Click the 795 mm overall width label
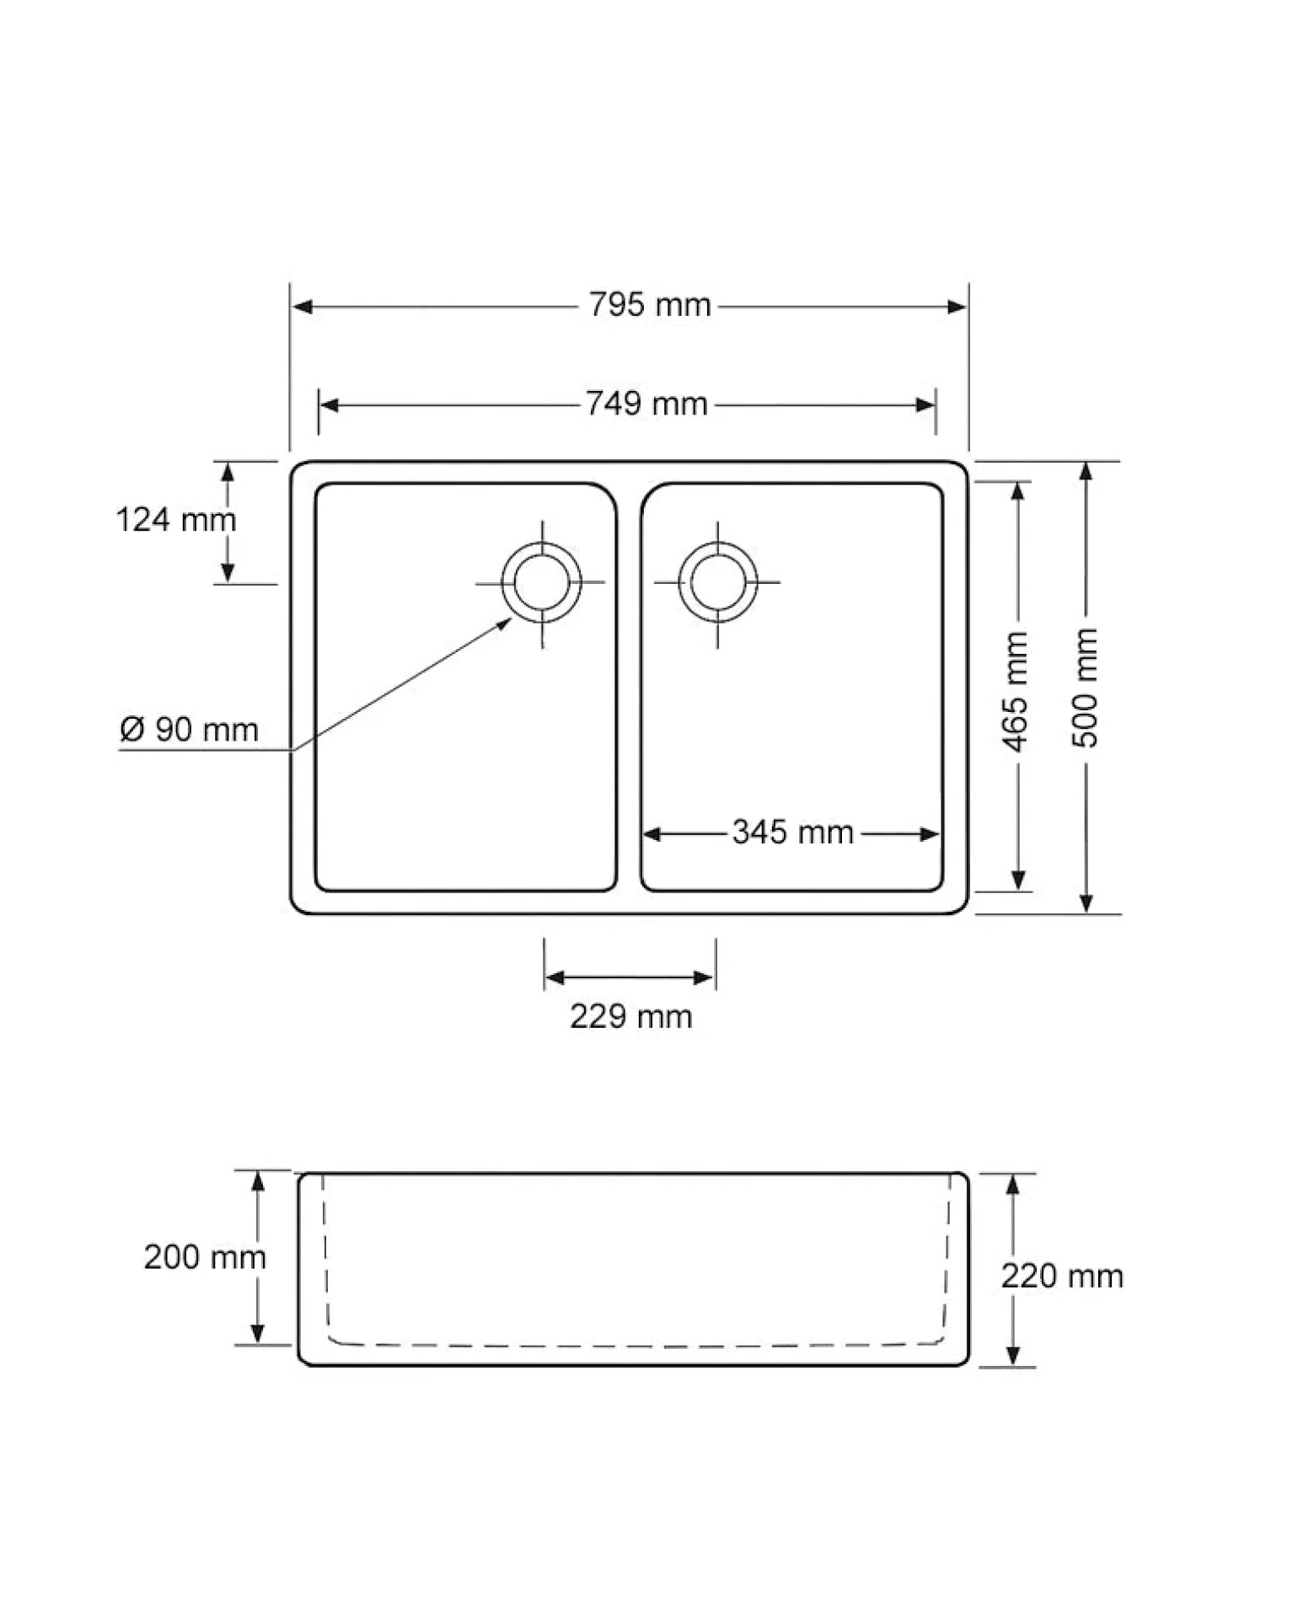click(x=650, y=304)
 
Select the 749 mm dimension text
click(x=646, y=404)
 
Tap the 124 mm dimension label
click(x=175, y=519)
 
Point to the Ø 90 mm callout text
click(x=189, y=729)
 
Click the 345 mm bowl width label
click(x=792, y=832)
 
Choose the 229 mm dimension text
click(x=630, y=1016)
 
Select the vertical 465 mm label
click(x=1016, y=691)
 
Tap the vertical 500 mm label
click(x=1086, y=688)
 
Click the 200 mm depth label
click(x=205, y=1257)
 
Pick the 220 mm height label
click(x=1062, y=1276)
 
